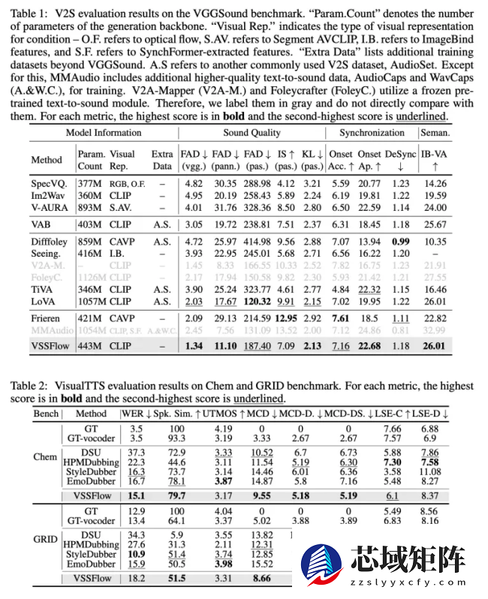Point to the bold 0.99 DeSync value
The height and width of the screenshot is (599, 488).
pyautogui.click(x=399, y=240)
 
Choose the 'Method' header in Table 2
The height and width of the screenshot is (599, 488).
pyautogui.click(x=91, y=413)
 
